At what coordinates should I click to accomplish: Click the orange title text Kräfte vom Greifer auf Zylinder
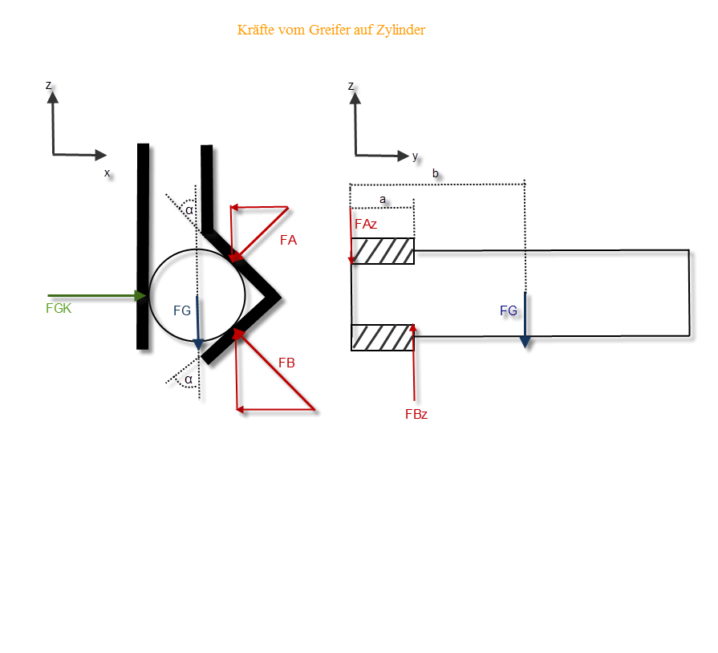(x=331, y=30)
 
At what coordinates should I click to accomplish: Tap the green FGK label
(x=59, y=309)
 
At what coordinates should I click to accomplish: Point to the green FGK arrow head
(x=140, y=296)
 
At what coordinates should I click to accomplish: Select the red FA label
(x=289, y=240)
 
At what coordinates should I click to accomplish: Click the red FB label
(x=286, y=363)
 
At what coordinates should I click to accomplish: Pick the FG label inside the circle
(x=182, y=311)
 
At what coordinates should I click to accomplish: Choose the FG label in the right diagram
(x=509, y=311)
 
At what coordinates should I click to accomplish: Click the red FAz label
(x=366, y=225)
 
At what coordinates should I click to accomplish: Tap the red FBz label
(x=416, y=415)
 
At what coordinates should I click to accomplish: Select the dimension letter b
(x=436, y=173)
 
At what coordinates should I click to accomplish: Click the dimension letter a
(x=383, y=200)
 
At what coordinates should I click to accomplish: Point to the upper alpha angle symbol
(x=189, y=210)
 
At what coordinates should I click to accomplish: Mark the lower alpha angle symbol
(x=189, y=379)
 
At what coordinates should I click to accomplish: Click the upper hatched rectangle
(x=383, y=251)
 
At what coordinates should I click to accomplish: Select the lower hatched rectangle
(x=383, y=338)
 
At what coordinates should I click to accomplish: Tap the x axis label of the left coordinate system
(x=107, y=173)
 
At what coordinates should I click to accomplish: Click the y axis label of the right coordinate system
(x=416, y=156)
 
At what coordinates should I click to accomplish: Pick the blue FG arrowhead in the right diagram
(x=525, y=342)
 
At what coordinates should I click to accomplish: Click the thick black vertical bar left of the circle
(x=143, y=246)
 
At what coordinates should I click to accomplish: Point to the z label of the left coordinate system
(x=49, y=86)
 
